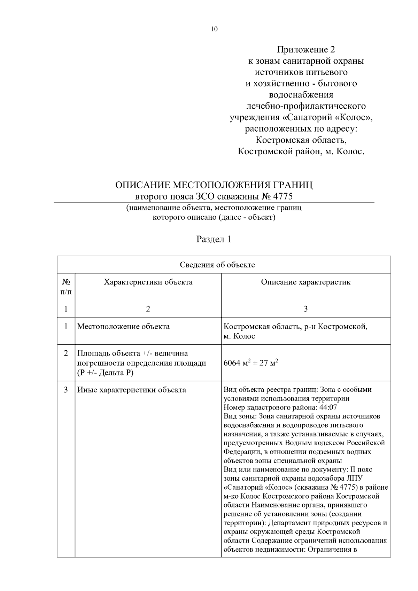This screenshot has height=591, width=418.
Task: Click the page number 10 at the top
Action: pos(214,29)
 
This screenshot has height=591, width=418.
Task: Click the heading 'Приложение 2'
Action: pos(305,49)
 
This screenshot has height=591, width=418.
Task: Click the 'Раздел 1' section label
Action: pos(214,239)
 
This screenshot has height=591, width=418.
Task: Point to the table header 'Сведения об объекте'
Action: pos(217,265)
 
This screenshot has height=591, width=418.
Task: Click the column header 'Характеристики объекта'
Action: pos(148,282)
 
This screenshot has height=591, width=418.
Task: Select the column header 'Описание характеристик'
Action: pos(305,282)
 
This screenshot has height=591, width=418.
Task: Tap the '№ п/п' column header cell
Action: pos(66,286)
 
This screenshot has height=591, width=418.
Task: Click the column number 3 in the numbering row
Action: pos(305,309)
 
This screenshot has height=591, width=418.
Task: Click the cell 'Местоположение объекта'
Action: pos(123,327)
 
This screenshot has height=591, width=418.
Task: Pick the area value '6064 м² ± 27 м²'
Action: pos(250,363)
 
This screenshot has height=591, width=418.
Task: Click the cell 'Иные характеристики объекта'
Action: pos(131,390)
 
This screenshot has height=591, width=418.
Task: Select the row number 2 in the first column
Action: pos(66,353)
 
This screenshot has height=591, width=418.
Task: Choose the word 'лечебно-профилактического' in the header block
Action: pos(305,106)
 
